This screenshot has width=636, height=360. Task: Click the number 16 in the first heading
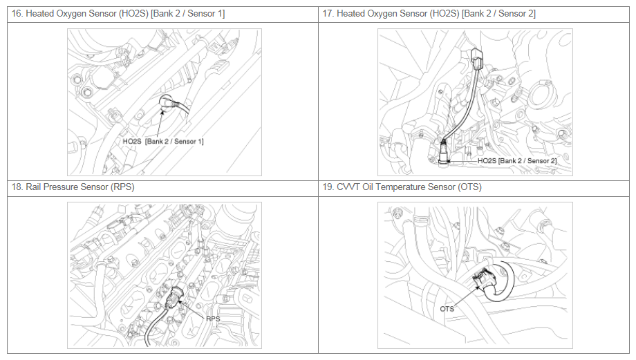click(x=16, y=14)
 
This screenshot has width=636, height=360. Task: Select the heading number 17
click(x=327, y=14)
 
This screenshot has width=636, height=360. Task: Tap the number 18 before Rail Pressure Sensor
click(x=16, y=187)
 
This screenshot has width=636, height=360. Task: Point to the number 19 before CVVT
click(x=327, y=187)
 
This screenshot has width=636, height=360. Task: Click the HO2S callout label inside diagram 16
click(x=163, y=142)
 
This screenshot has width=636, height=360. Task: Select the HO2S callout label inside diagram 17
click(x=517, y=161)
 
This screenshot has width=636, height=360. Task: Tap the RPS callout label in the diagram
click(x=213, y=319)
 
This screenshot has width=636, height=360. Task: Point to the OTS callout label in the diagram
click(x=447, y=309)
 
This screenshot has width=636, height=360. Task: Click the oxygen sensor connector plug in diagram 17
click(x=478, y=59)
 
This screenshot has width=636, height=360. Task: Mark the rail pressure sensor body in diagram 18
click(x=176, y=298)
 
